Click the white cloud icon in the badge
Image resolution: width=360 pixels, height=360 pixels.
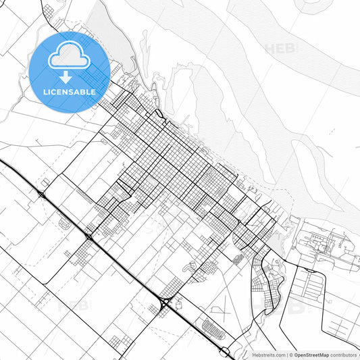[x=70, y=56]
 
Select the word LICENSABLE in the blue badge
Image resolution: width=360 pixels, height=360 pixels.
[x=70, y=93]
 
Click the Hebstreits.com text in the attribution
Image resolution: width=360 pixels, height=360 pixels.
[x=268, y=355]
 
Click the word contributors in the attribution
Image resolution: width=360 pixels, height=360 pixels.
[x=343, y=355]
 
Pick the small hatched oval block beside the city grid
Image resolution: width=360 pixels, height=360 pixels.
[x=237, y=258]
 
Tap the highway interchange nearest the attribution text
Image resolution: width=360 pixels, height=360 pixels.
[x=224, y=351]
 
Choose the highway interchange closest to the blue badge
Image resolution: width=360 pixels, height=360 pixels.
[x=41, y=195]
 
